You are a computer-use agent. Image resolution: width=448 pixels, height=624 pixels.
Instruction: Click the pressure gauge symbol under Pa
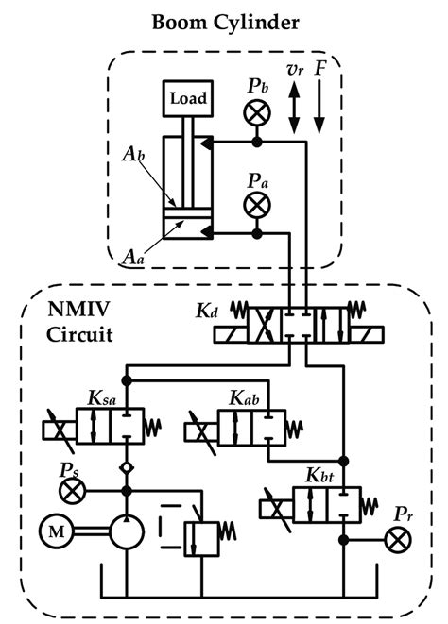coord(255,205)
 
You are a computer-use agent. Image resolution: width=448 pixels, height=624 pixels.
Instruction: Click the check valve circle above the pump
coord(126,467)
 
